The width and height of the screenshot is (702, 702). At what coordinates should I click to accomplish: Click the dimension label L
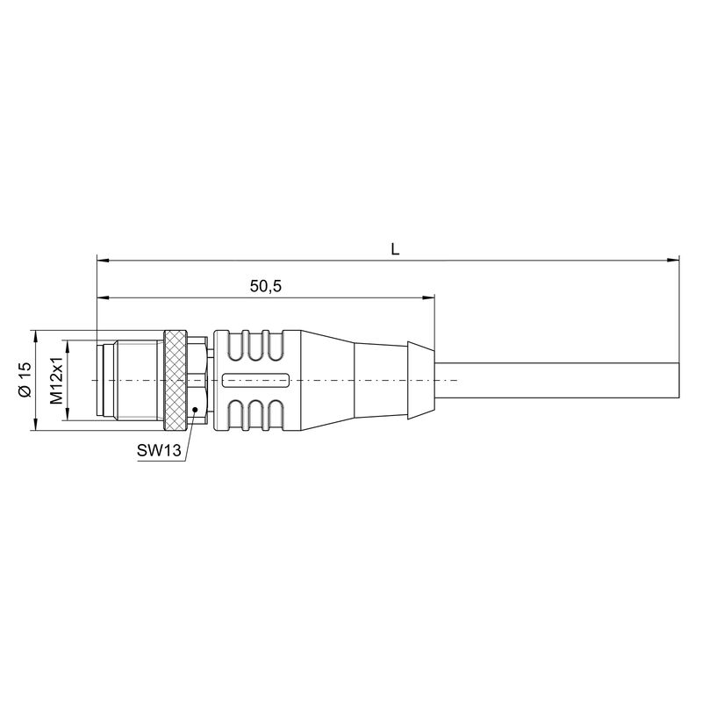395,249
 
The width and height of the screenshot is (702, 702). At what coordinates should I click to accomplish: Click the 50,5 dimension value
264,287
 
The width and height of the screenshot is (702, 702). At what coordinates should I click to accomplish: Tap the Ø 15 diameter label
25,381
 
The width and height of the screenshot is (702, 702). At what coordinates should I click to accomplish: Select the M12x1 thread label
56,381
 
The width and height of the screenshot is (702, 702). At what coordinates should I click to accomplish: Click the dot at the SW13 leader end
194,410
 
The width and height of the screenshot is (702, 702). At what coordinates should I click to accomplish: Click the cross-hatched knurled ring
176,380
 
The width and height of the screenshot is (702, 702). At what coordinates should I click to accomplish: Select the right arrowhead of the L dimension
674,260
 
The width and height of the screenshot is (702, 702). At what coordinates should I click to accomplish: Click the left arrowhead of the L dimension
102,260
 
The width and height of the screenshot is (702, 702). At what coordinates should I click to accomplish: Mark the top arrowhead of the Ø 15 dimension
33,335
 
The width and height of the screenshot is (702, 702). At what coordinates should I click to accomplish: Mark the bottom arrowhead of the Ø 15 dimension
33,426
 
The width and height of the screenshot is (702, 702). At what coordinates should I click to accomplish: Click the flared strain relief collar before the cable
419,380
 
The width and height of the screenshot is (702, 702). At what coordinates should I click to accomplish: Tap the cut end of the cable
678,381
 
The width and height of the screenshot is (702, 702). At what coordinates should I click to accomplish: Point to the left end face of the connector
95,381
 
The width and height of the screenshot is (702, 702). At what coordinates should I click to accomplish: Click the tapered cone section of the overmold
325,381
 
